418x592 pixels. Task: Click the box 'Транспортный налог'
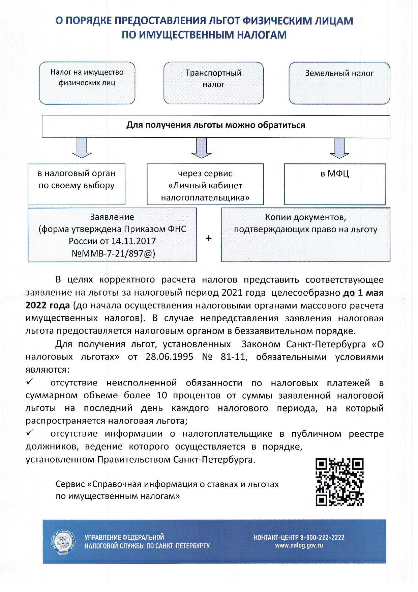click(x=213, y=83)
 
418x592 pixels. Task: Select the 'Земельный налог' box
click(x=339, y=83)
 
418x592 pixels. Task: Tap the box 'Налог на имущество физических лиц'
click(x=87, y=83)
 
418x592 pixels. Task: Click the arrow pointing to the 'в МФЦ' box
click(x=339, y=148)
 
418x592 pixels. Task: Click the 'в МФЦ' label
click(x=335, y=174)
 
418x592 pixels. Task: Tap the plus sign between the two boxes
click(x=209, y=238)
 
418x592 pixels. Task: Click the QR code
click(x=339, y=482)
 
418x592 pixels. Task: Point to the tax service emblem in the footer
click(x=63, y=542)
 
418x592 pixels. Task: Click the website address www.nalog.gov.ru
click(x=299, y=545)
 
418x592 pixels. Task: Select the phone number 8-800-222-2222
click(x=322, y=537)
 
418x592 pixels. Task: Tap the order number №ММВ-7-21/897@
click(x=113, y=253)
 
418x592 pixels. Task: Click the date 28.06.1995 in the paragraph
click(x=170, y=357)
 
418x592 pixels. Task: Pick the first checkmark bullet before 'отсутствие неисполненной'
click(x=30, y=381)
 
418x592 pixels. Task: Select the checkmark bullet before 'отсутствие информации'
click(x=30, y=432)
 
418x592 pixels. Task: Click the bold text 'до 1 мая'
click(x=363, y=293)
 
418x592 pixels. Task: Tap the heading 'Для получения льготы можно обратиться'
click(x=216, y=125)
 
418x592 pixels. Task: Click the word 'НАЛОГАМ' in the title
click(x=262, y=35)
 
